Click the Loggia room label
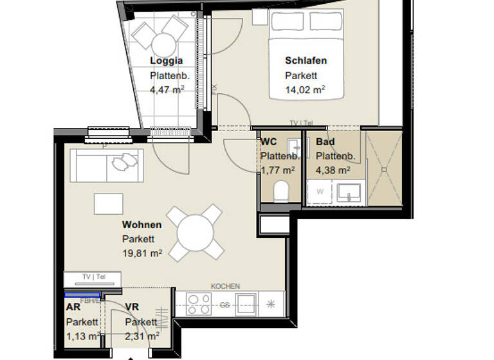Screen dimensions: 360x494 point(167,61)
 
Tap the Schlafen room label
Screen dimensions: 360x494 point(306,61)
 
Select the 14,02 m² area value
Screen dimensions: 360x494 point(304,90)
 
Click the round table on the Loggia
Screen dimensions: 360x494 point(163,44)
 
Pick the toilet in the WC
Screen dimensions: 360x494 point(281,192)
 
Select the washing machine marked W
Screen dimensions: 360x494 point(318,192)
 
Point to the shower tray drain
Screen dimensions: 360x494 point(384,168)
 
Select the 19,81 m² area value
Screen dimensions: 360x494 point(142,253)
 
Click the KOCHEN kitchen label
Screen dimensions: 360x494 point(225,286)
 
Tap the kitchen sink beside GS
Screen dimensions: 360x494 point(246,303)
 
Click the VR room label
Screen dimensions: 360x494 point(133,307)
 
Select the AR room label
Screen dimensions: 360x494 point(73,307)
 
